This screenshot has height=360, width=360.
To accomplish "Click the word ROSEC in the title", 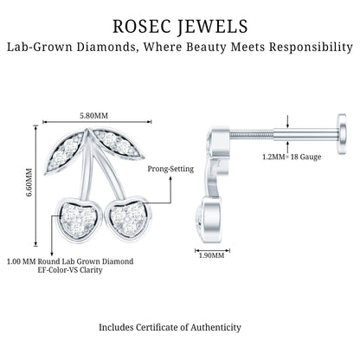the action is click(x=141, y=27).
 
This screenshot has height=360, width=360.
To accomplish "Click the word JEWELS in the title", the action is click(x=213, y=27).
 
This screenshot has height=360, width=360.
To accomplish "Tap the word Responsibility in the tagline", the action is click(x=311, y=47).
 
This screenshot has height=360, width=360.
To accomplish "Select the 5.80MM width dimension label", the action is click(x=94, y=116).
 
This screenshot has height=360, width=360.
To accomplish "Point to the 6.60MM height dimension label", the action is click(x=29, y=183).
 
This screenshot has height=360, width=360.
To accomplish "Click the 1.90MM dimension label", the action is click(x=212, y=255).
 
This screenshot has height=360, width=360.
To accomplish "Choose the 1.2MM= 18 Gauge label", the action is click(x=292, y=157).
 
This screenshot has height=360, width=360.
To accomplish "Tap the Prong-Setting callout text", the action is click(x=170, y=169).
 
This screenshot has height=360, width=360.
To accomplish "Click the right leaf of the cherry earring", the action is click(x=119, y=145).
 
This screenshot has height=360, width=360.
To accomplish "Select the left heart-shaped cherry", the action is click(x=79, y=219).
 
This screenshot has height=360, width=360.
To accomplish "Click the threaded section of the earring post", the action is click(x=251, y=133).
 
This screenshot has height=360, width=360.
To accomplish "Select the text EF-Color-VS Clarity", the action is click(x=70, y=270).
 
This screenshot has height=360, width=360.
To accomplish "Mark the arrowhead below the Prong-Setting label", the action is click(x=170, y=179).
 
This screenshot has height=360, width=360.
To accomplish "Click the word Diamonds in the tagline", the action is click(x=106, y=47).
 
